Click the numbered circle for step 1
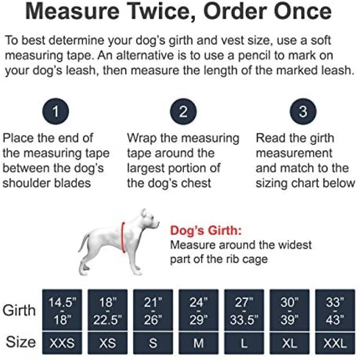point(56,111)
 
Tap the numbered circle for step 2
point(183,111)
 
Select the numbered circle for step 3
point(303,111)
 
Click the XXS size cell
point(62,343)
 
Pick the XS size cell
point(108,343)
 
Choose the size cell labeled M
point(199,343)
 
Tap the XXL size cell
point(335,343)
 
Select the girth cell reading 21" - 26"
point(153,310)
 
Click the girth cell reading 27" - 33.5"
point(244,310)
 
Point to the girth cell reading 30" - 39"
point(289,310)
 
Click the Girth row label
point(19,311)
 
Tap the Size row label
point(21,342)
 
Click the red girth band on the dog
point(123,238)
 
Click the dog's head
point(149,219)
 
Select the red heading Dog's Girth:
point(206,230)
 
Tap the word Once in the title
point(302,12)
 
